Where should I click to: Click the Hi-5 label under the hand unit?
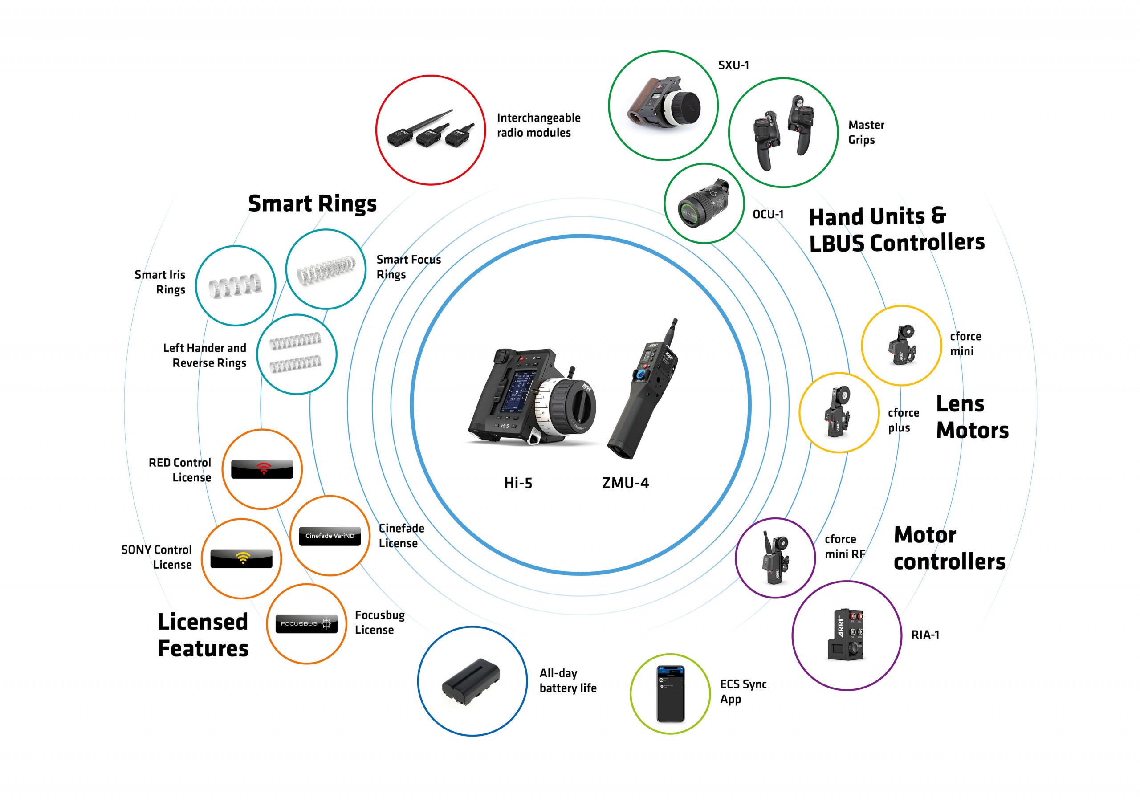(518, 483)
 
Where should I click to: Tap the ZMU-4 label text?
(625, 483)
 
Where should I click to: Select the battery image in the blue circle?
(471, 681)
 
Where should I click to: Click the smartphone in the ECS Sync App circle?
(670, 694)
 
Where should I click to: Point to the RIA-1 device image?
(847, 635)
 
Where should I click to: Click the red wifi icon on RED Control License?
(263, 468)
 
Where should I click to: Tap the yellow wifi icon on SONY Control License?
(242, 558)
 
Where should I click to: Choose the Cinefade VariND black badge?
(330, 536)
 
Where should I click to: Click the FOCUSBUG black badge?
(306, 624)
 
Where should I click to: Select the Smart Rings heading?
(312, 204)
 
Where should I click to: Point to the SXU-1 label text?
(733, 65)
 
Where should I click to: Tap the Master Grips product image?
(783, 133)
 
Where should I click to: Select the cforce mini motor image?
(902, 345)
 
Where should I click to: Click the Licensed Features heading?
(203, 635)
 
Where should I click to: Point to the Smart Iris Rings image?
(236, 285)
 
